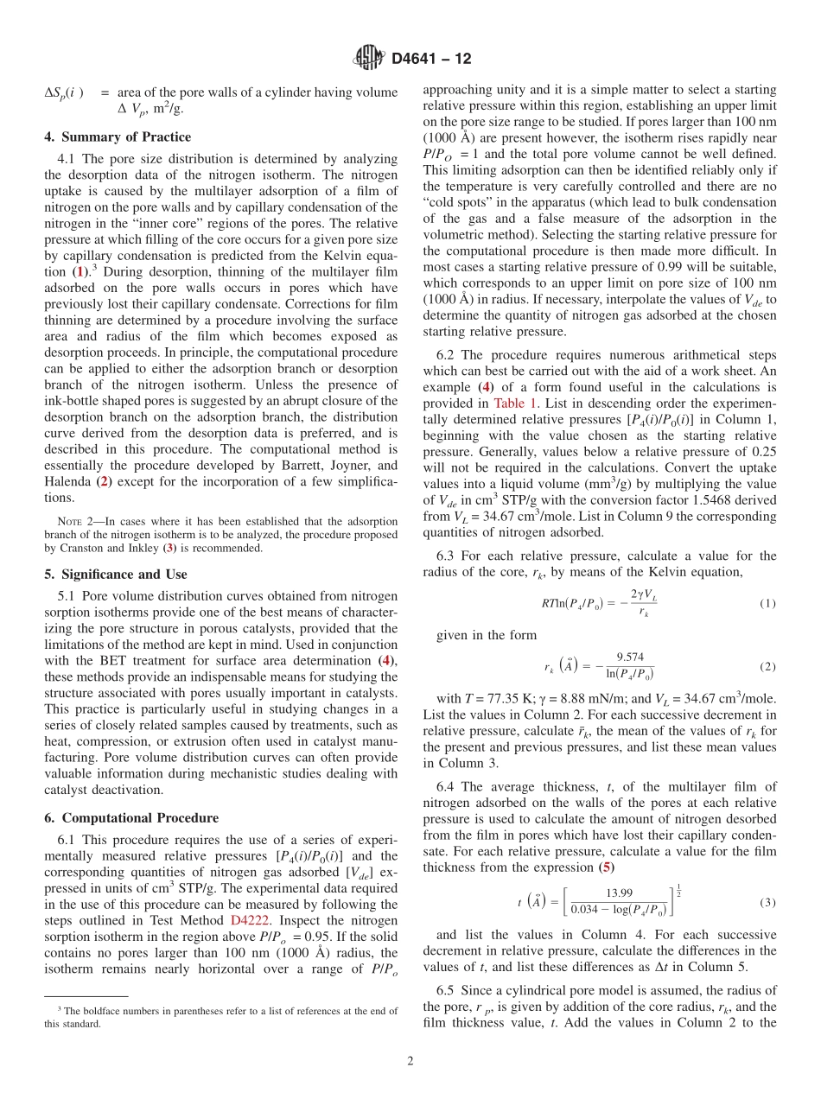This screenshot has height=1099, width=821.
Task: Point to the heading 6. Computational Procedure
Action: click(x=131, y=817)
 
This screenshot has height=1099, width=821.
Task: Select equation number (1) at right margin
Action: click(x=767, y=603)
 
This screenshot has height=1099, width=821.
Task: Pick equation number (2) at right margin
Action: click(x=767, y=667)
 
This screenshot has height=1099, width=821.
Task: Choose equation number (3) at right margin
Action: click(x=767, y=902)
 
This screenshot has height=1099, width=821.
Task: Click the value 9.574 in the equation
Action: click(x=629, y=657)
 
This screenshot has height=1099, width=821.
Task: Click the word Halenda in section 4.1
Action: click(x=68, y=482)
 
